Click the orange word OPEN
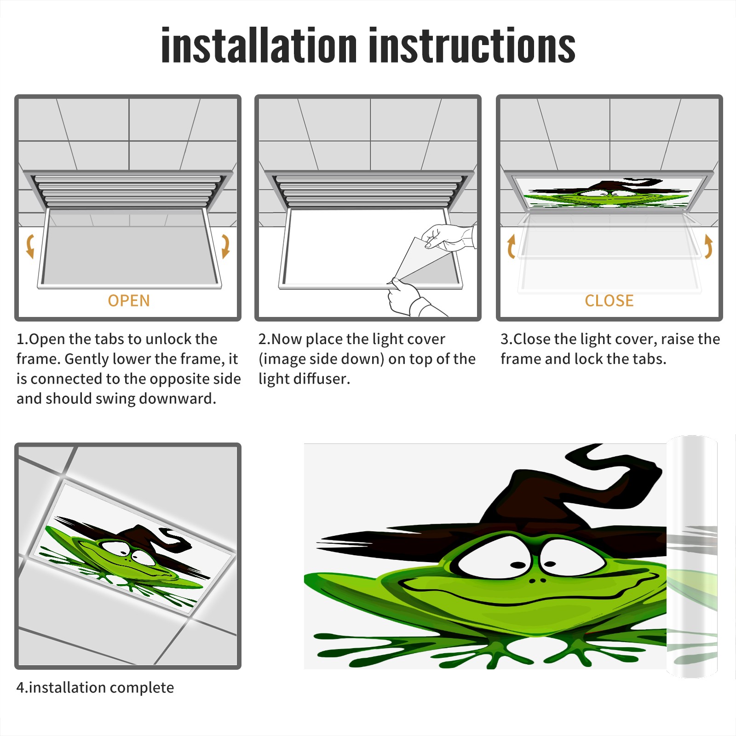129,301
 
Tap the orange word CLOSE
609,301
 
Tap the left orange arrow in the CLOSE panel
511,246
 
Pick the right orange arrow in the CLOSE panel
708,246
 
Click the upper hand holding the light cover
448,237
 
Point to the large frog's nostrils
536,581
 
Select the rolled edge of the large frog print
692,557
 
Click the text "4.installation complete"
95,688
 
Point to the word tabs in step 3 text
649,359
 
